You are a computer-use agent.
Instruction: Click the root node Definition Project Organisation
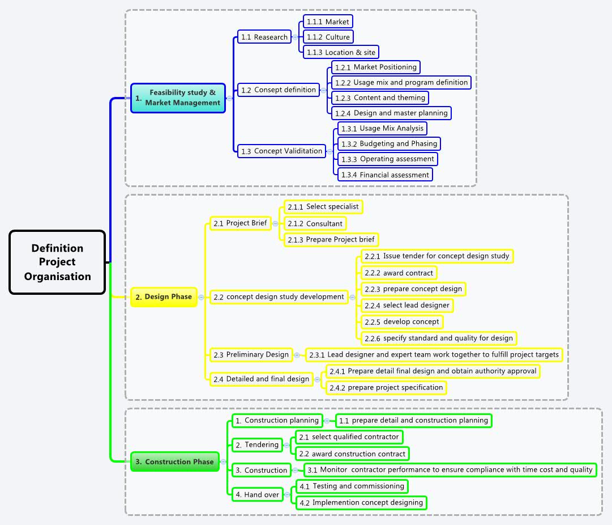[57, 262]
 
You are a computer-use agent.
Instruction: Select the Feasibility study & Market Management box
[178, 98]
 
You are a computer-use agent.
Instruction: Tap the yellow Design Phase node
[164, 297]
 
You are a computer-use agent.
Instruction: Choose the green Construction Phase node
[174, 462]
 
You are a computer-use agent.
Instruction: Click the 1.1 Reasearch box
[264, 37]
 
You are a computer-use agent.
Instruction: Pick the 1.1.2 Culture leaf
[328, 37]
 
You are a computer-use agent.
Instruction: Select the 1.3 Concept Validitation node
[281, 151]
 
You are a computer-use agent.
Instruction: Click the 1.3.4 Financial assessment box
[385, 175]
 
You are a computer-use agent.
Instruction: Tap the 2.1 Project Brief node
[240, 223]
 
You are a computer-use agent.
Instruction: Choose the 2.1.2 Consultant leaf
[315, 223]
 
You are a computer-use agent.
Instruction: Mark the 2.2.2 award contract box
[399, 273]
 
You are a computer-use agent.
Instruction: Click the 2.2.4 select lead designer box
[407, 305]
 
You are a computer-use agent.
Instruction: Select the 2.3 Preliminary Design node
[251, 354]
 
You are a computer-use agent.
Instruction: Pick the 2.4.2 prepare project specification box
[386, 388]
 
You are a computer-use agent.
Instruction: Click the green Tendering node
[257, 445]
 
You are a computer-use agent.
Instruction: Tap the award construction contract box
[352, 454]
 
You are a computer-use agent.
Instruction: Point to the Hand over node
[257, 494]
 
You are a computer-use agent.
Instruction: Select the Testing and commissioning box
[352, 486]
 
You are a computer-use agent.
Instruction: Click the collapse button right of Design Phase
[202, 297]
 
